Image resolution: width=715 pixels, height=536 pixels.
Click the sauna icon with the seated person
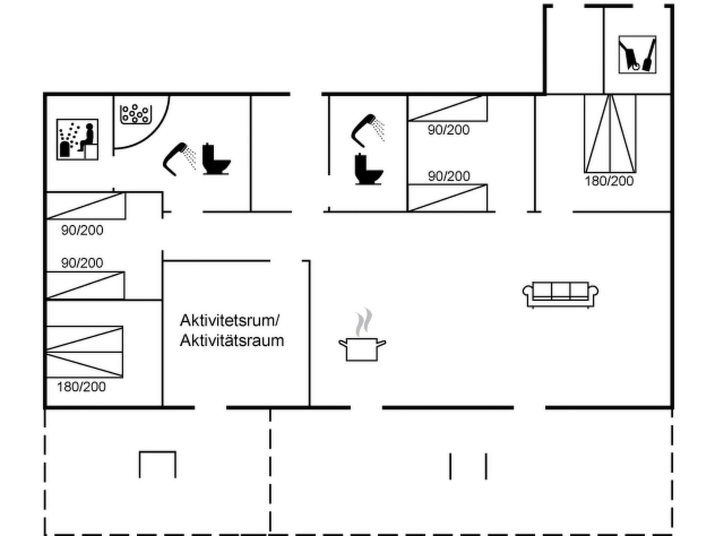(77, 139)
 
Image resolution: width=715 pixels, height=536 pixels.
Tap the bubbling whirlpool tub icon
(136, 114)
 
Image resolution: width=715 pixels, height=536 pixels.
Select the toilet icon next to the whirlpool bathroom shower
(216, 159)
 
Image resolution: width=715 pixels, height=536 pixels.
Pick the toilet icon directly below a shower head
(368, 169)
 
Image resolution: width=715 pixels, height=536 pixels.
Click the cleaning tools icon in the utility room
(637, 54)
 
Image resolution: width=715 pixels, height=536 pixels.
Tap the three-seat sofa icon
(560, 294)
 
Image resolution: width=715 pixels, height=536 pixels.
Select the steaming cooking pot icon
(362, 348)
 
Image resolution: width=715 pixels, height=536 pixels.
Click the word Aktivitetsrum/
(230, 320)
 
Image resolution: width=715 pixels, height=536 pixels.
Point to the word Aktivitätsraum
(232, 340)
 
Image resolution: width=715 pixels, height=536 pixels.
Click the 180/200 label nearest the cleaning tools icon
(609, 181)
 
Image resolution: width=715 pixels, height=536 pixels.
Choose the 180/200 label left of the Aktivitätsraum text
(81, 386)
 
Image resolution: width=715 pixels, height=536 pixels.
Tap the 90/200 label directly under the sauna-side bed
(82, 230)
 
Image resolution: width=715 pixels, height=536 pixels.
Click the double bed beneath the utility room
(610, 133)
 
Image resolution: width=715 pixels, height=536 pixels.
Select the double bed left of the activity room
(84, 352)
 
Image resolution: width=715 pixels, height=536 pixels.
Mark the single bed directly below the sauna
(86, 206)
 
